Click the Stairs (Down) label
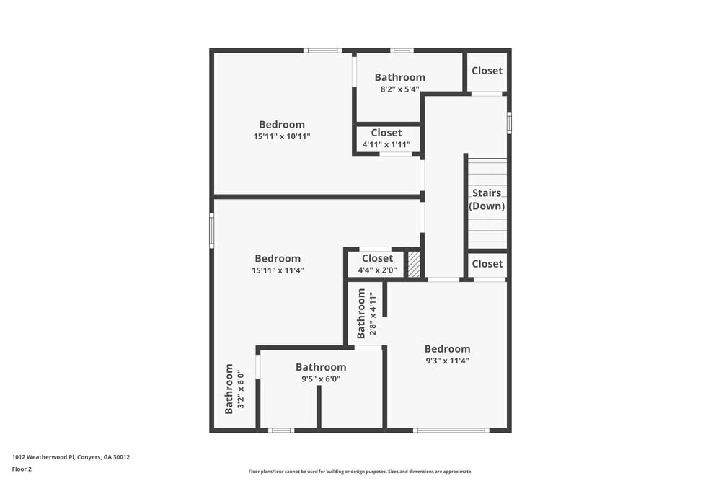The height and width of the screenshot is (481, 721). [x=487, y=199]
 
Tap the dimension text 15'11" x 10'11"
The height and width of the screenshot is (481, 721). [x=282, y=136]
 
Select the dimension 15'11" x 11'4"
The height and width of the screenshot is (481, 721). [x=278, y=270]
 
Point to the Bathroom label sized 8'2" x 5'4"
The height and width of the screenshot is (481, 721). [x=399, y=77]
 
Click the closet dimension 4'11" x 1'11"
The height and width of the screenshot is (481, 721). [x=386, y=144]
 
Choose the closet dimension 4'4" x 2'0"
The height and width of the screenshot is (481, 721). [x=377, y=270]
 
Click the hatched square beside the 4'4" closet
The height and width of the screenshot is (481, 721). [x=414, y=264]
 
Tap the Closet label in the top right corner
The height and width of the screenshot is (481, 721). [x=487, y=71]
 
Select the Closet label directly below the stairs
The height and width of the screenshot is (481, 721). [x=487, y=264]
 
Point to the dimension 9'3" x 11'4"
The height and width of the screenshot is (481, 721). [x=447, y=361]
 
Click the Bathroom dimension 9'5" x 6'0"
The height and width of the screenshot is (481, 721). [x=321, y=379]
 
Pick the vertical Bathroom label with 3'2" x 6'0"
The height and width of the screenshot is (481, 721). [x=229, y=389]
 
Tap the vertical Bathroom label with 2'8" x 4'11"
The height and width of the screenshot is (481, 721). [x=362, y=313]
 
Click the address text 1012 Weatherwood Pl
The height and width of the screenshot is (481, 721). [x=71, y=456]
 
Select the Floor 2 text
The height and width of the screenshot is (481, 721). [x=22, y=469]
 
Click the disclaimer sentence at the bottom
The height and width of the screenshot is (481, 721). [x=360, y=471]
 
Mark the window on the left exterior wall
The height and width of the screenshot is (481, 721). [x=211, y=230]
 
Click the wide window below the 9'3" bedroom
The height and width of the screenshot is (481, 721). [x=451, y=431]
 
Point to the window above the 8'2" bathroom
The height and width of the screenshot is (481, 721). [x=402, y=50]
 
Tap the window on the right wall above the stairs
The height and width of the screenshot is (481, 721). [x=509, y=123]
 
